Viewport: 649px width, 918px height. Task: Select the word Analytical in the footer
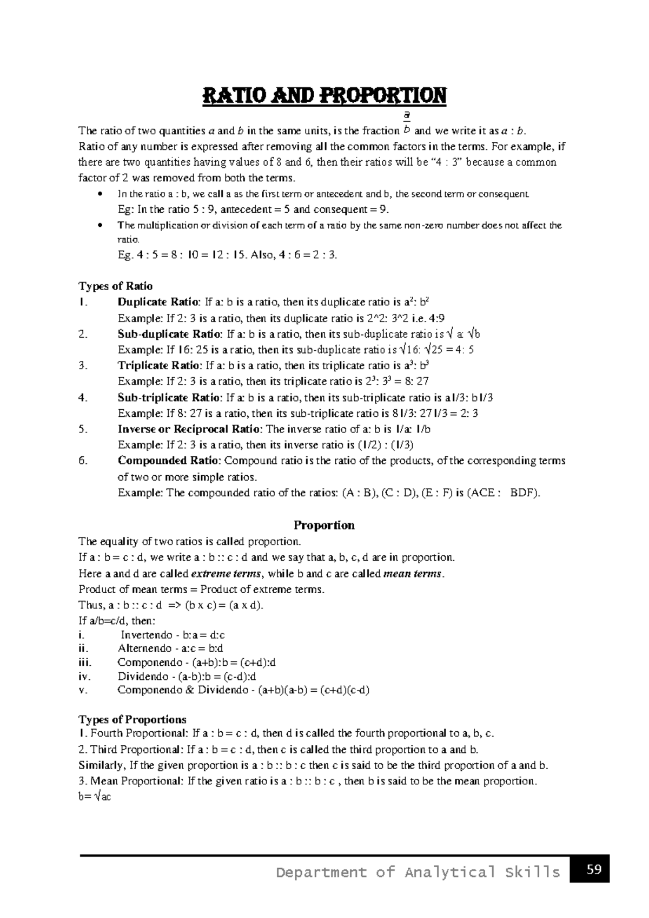click(x=452, y=872)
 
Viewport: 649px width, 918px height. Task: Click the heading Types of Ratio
click(x=116, y=286)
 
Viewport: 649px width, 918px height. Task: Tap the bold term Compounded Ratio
click(x=169, y=461)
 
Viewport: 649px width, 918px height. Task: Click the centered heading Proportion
click(x=324, y=525)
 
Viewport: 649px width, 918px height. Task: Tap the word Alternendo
click(x=144, y=648)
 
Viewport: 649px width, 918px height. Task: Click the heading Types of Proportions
click(x=133, y=719)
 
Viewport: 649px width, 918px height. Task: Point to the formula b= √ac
click(x=95, y=797)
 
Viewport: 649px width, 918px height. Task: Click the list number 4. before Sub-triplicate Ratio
click(x=83, y=397)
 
